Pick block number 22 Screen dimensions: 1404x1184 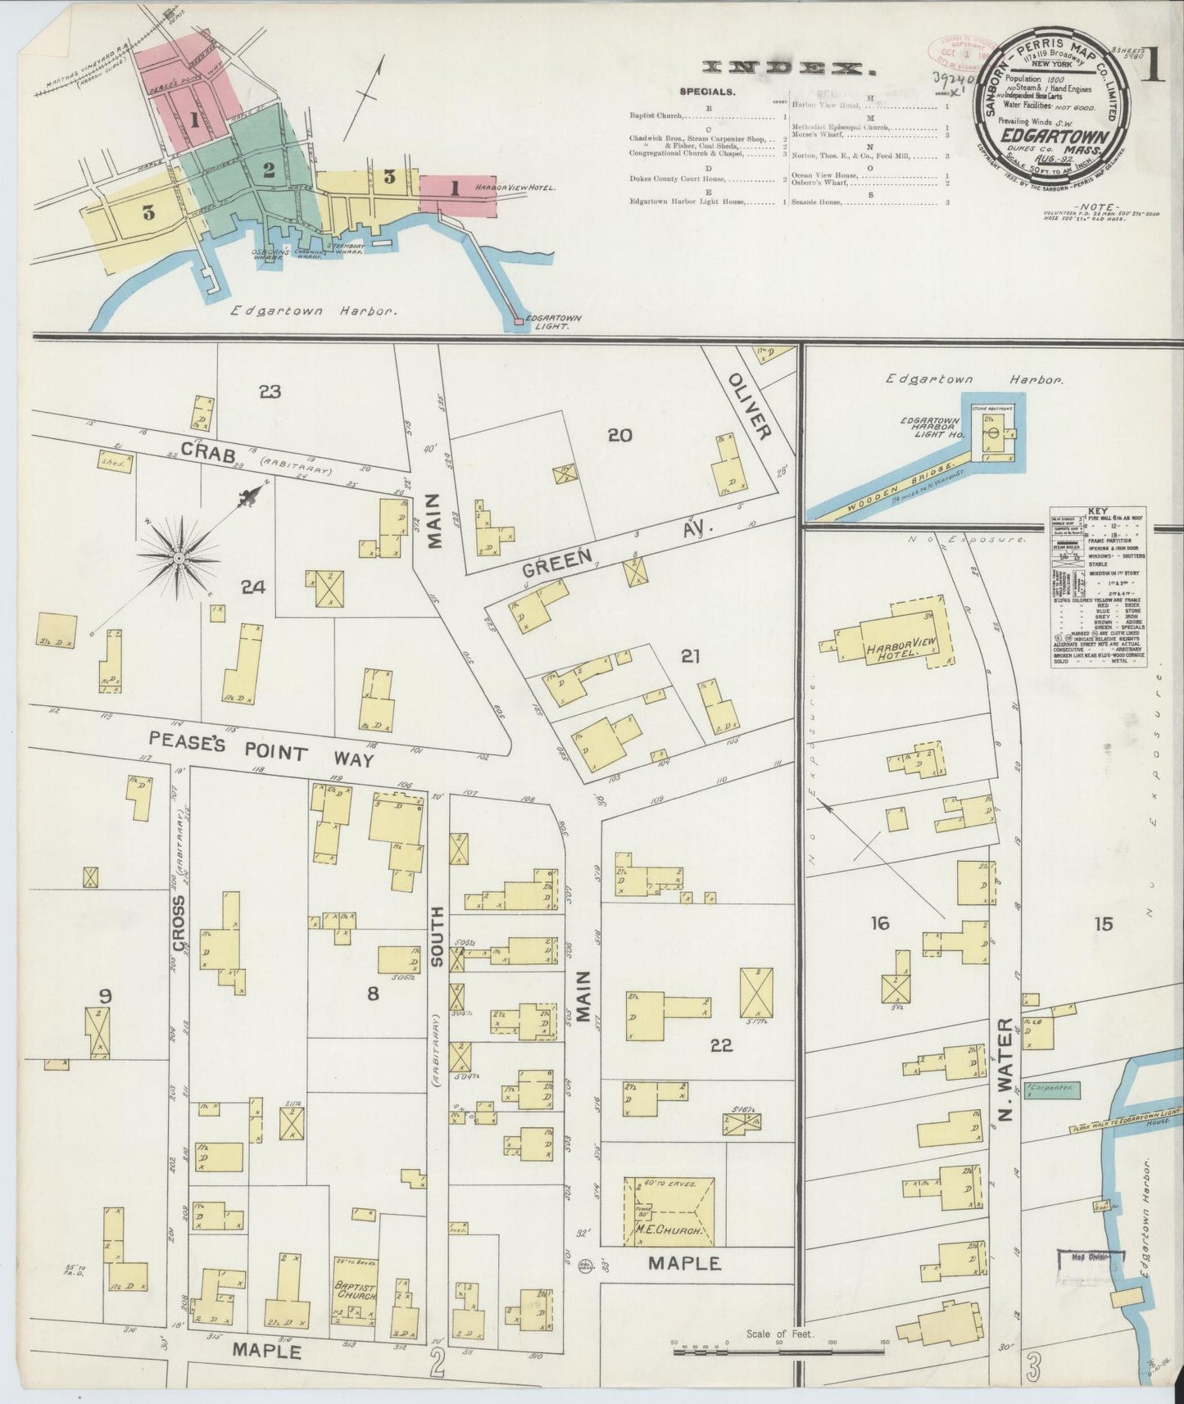coord(722,1045)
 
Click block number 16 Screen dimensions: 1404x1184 coord(879,923)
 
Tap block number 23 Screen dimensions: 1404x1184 coord(270,392)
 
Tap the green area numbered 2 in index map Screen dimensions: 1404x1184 coord(267,170)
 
